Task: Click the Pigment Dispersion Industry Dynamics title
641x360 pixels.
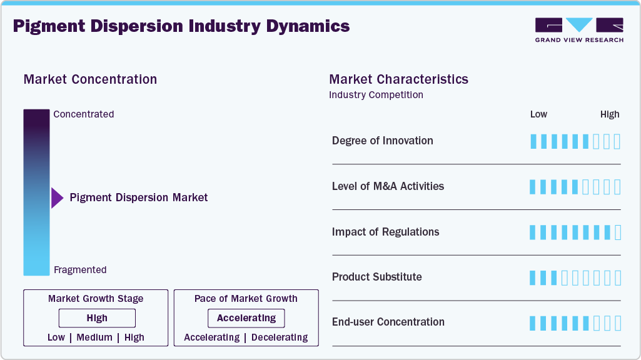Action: [181, 26]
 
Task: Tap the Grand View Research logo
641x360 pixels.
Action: [579, 29]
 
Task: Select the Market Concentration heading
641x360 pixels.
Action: [90, 79]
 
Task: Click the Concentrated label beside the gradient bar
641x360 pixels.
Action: [84, 114]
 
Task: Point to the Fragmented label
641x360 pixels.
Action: [80, 270]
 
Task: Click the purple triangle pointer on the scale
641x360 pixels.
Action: [57, 197]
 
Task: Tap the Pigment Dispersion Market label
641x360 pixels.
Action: [139, 197]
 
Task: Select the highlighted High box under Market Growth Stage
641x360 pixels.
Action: [97, 318]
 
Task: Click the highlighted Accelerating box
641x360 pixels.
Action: [246, 318]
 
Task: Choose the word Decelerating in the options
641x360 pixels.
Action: [279, 337]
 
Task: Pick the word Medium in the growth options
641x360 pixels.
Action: [94, 337]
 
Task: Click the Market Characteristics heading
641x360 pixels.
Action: [398, 79]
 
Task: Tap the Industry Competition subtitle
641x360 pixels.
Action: [376, 95]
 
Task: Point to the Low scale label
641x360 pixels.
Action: [538, 114]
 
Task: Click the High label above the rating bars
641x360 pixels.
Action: [610, 114]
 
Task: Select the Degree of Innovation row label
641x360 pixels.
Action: [382, 141]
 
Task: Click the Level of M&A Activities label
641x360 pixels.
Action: [388, 186]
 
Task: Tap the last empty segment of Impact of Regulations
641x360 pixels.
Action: [618, 232]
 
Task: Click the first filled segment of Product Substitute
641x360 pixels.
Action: [533, 277]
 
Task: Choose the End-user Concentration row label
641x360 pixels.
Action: [388, 322]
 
